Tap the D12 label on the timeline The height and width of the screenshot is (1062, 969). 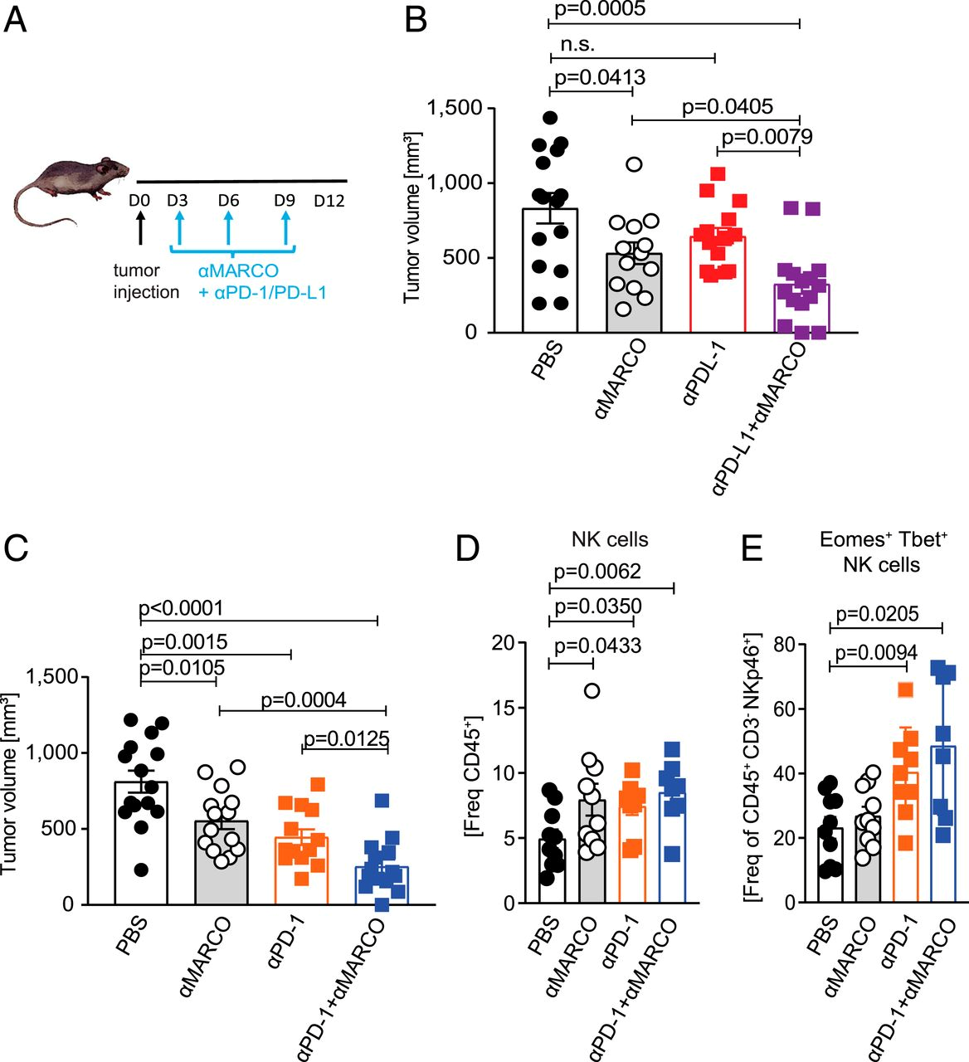tap(329, 201)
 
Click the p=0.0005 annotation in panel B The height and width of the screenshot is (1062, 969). tap(598, 10)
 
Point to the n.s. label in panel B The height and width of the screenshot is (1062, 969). tap(577, 45)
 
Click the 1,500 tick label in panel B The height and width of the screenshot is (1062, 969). tap(454, 108)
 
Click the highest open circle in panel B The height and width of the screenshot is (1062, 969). tap(634, 164)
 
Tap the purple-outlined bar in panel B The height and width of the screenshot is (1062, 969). tap(801, 308)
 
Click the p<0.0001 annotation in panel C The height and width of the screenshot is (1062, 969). tap(181, 608)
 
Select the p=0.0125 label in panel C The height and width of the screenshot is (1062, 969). tap(346, 738)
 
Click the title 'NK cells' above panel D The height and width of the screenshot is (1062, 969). tap(610, 539)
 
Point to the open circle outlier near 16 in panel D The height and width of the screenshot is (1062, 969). tap(592, 690)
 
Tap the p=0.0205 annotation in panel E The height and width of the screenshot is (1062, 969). tap(877, 614)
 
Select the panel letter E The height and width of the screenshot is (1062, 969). tap(752, 548)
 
